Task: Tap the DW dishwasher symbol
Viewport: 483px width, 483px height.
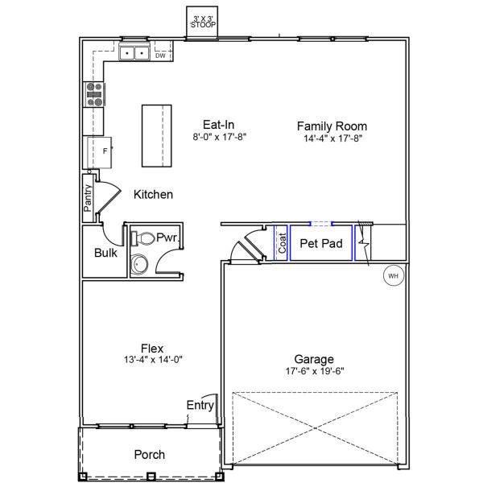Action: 160,56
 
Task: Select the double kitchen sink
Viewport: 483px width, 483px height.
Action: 134,54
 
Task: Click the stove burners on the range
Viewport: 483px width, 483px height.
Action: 94,96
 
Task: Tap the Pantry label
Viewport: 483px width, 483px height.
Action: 88,198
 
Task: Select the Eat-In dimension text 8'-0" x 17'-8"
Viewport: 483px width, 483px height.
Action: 219,138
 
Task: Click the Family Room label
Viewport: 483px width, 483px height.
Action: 332,126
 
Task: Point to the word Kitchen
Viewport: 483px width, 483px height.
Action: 153,195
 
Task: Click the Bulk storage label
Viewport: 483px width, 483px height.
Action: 105,253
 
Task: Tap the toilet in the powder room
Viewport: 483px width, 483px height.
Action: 143,238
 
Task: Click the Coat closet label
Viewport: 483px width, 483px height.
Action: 283,243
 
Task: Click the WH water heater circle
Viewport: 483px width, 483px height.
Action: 394,276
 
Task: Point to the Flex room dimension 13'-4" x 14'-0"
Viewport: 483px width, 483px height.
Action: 152,361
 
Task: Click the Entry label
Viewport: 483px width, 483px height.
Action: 200,405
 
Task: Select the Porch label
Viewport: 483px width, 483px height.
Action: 150,455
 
